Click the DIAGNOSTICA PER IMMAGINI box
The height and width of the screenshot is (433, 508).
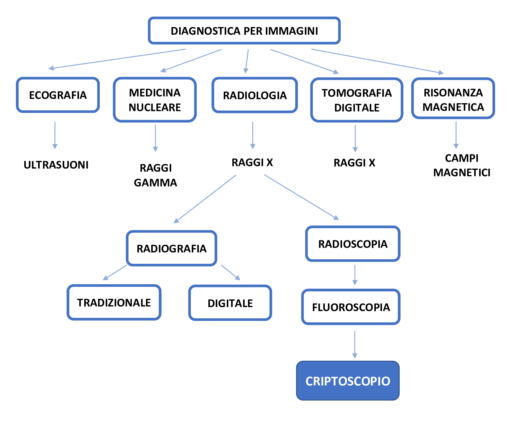(244, 31)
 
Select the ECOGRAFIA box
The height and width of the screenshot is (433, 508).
(58, 95)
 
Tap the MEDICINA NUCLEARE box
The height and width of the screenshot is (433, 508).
(155, 100)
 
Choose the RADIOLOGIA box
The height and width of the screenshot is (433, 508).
(255, 95)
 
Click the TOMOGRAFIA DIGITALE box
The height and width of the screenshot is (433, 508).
(356, 100)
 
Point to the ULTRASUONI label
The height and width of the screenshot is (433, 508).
(56, 165)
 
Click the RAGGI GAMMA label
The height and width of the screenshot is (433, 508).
(156, 175)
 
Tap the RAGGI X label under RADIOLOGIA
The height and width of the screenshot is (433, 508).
(252, 162)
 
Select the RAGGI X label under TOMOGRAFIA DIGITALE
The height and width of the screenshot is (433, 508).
(354, 163)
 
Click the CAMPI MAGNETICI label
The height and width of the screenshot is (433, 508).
(462, 166)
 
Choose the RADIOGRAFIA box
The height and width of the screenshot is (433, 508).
(171, 248)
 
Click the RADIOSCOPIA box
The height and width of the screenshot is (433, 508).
(353, 244)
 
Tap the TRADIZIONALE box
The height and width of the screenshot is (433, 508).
(114, 302)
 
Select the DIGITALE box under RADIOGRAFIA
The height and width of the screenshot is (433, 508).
(230, 303)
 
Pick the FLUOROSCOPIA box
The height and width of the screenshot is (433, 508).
(351, 307)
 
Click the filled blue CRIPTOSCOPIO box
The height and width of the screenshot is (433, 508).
(348, 381)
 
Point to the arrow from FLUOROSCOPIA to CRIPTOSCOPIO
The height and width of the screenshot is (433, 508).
(355, 344)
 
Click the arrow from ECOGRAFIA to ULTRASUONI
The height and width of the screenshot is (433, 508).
(55, 135)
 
